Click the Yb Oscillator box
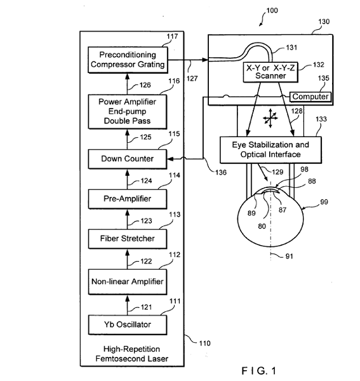click(128, 324)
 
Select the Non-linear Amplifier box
click(128, 281)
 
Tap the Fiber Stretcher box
click(128, 239)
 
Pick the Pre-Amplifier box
click(128, 199)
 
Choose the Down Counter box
click(128, 159)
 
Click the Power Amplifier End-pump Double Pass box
click(128, 112)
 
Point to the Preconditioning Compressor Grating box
click(128, 60)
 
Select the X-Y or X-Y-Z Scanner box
click(270, 72)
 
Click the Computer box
click(310, 97)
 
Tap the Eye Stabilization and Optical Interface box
click(270, 150)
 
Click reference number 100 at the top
click(272, 10)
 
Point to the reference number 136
click(221, 172)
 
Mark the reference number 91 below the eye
click(289, 257)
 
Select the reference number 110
click(205, 344)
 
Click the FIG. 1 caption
click(259, 371)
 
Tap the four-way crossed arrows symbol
click(270, 118)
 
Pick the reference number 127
click(192, 79)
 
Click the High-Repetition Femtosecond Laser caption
click(131, 354)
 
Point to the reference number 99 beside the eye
click(324, 202)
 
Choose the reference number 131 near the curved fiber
click(291, 48)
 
